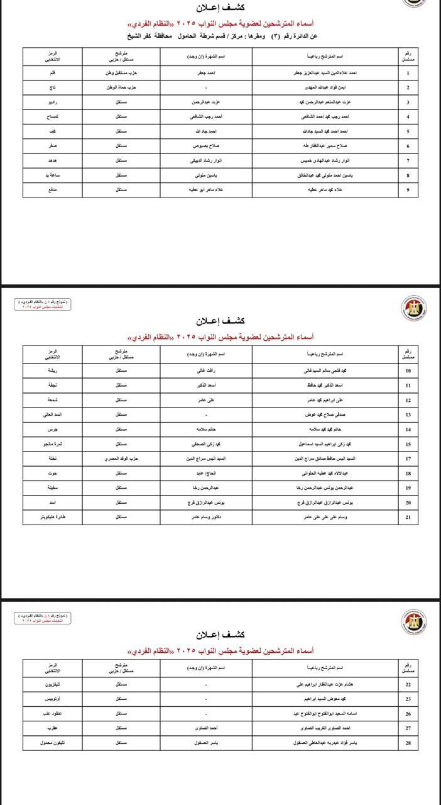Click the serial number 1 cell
coord(408,73)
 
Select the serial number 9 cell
coord(408,189)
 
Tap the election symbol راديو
coord(53,102)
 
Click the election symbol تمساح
coord(53,116)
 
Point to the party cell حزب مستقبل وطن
coord(122,73)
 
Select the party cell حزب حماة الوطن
coord(122,87)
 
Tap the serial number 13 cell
coord(408,415)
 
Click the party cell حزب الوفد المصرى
coord(122,458)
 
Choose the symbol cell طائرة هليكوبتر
coord(53,516)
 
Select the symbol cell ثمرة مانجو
coord(53,444)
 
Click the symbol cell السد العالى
coord(53,415)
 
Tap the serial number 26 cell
coord(408,714)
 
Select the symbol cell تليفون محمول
coord(53,743)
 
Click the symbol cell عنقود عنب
coord(53,714)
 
